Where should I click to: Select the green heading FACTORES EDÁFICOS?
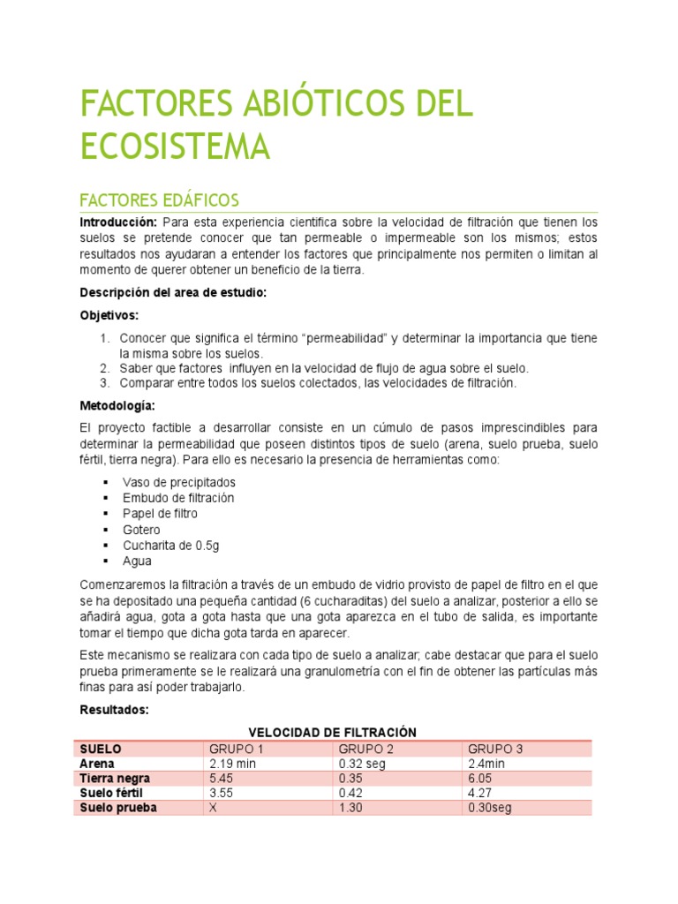[x=159, y=200]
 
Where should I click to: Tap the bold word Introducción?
[x=118, y=222]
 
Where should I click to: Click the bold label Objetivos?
[x=109, y=315]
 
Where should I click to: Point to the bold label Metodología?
[x=117, y=406]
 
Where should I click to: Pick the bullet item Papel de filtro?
[x=161, y=514]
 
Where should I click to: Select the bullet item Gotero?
[x=142, y=530]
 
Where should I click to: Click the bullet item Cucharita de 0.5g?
[x=171, y=546]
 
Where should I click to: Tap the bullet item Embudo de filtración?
[x=179, y=498]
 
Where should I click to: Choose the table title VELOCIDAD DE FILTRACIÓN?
[x=332, y=733]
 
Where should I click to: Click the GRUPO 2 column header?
[x=365, y=749]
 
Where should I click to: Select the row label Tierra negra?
[x=115, y=779]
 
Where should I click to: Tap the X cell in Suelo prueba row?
[x=213, y=808]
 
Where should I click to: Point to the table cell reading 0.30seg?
[x=490, y=808]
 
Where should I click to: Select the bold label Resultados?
[x=114, y=710]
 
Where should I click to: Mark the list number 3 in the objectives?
[x=103, y=383]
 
